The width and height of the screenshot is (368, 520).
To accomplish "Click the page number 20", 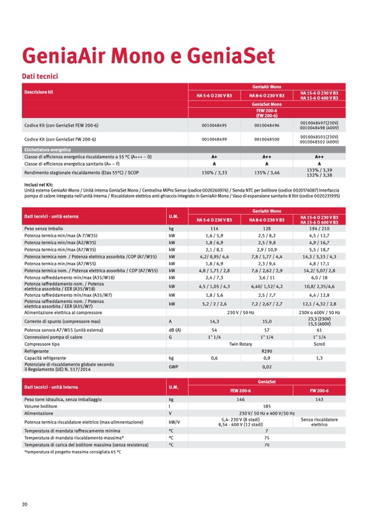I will [24, 504].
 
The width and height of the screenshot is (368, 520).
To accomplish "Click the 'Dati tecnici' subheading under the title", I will [40, 76].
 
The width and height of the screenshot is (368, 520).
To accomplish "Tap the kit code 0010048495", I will [214, 125].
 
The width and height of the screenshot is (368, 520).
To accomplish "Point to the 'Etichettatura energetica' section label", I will [47, 149].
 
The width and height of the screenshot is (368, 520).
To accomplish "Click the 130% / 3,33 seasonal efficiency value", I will [214, 172].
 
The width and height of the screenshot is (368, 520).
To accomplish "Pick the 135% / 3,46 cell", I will [267, 172].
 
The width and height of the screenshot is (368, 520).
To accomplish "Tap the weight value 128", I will [267, 228].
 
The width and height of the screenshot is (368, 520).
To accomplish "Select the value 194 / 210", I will [319, 228].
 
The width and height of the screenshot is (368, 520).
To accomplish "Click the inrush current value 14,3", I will [214, 321].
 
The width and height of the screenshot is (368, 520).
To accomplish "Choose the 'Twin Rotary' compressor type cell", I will [240, 344].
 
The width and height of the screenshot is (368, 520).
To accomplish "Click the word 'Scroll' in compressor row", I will [319, 344].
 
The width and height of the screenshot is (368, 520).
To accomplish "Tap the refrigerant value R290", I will [267, 351].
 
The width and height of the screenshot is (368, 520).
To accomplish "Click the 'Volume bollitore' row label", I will [41, 406].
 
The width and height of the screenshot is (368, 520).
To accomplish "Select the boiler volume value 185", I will [267, 406].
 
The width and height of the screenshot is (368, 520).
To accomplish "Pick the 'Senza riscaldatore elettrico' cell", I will [319, 422].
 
